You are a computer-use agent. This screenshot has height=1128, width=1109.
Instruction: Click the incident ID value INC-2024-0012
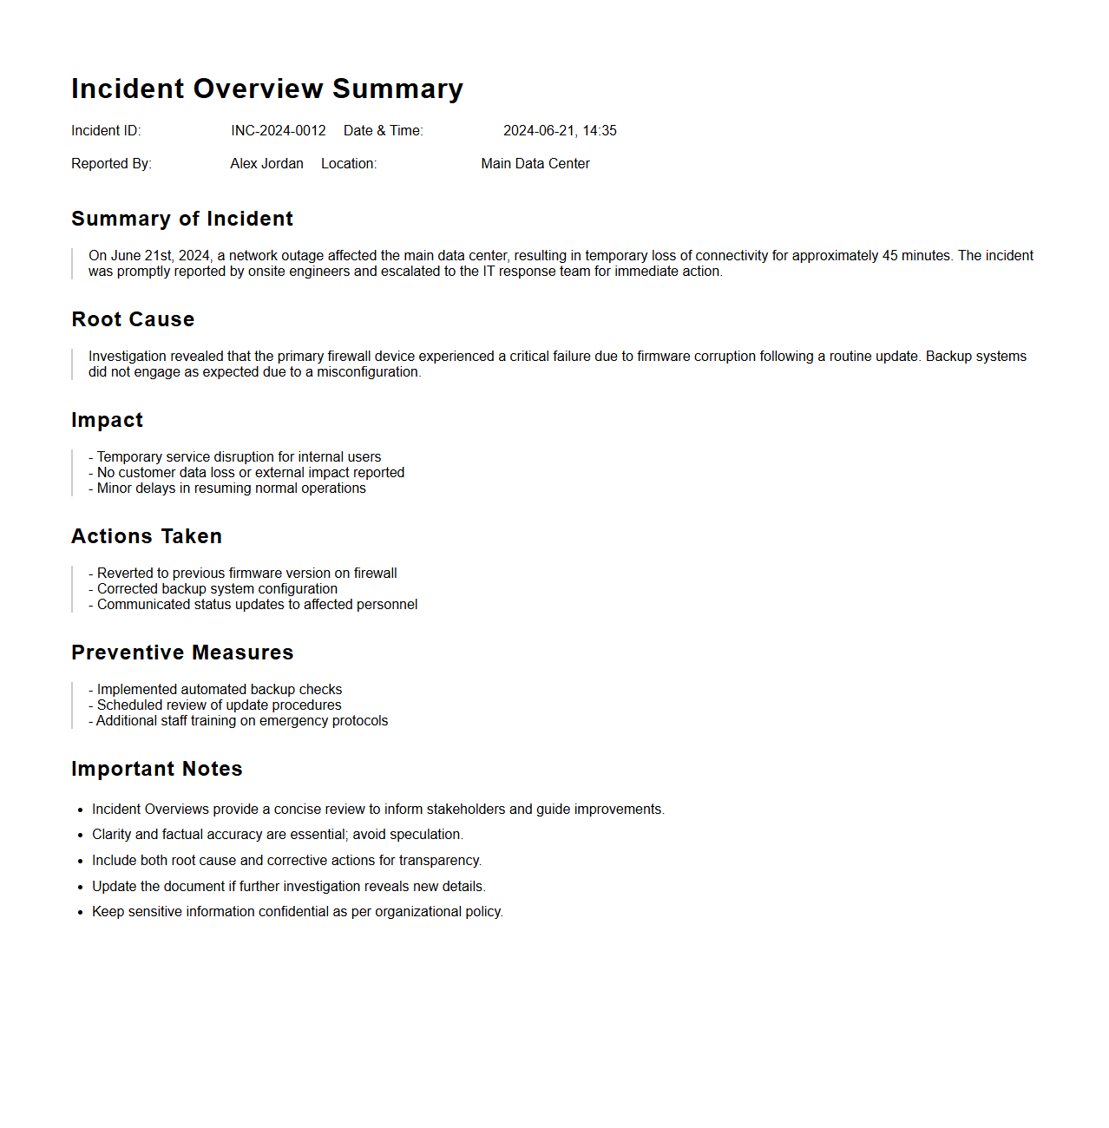[x=278, y=131]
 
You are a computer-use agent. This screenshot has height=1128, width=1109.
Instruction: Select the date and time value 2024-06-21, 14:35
[x=560, y=131]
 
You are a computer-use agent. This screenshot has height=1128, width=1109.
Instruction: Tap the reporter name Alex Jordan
[x=266, y=164]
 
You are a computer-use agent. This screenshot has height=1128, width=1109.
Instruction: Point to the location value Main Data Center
[x=535, y=164]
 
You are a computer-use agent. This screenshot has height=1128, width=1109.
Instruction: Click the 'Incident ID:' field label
[x=106, y=131]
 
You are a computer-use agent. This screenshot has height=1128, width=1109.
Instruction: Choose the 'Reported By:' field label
[x=111, y=164]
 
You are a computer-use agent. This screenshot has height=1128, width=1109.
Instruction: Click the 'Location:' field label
[x=349, y=164]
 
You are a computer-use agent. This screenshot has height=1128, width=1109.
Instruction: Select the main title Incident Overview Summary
[x=267, y=89]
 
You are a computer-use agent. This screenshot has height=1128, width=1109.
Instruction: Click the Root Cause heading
[x=133, y=319]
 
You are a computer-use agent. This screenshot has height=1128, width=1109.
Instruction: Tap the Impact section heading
[x=107, y=420]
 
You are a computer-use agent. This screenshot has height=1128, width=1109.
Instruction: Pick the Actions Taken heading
[x=147, y=536]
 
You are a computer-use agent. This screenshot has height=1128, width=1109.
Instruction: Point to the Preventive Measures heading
[x=182, y=653]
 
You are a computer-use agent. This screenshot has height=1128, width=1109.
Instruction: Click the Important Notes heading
[x=157, y=769]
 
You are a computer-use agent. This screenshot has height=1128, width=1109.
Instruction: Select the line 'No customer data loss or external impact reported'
[x=250, y=473]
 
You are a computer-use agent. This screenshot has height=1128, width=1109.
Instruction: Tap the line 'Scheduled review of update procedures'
[x=219, y=705]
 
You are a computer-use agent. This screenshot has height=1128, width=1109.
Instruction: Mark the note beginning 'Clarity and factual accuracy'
[x=278, y=835]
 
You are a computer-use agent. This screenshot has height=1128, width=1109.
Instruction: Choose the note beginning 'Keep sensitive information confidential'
[x=298, y=912]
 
